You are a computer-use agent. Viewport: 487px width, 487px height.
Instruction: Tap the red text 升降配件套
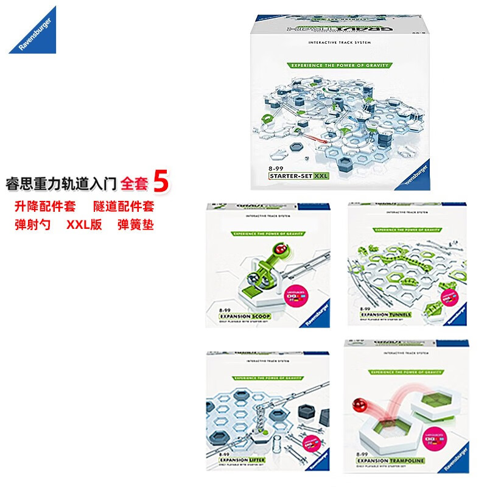[x=45, y=208]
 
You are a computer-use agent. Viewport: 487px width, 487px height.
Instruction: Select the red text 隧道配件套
[x=124, y=208]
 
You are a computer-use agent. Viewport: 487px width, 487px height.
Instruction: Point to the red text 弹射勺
[x=32, y=225]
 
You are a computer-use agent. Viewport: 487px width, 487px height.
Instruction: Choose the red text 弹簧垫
[x=136, y=225]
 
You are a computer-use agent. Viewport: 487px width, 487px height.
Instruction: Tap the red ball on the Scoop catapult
[x=281, y=249]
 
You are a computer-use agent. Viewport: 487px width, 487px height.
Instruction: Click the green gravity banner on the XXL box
[x=340, y=65]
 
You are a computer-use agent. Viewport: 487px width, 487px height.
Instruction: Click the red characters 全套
[x=134, y=183]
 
